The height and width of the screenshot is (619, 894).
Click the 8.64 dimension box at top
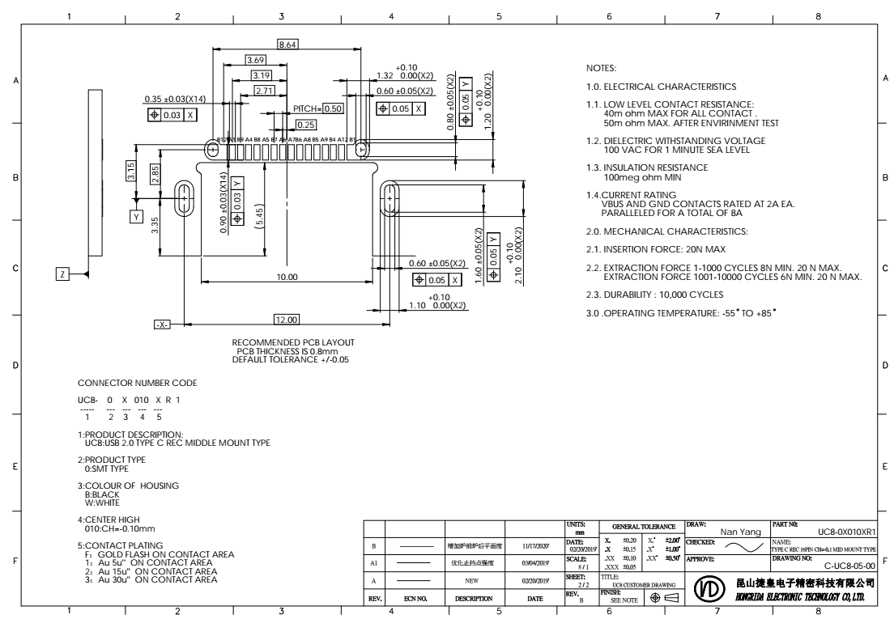pos(287,45)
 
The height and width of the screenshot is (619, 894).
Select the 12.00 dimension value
pos(287,319)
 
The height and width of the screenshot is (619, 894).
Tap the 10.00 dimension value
pos(287,277)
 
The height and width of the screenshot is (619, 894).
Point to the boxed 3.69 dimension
pos(255,60)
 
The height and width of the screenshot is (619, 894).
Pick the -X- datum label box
pos(161,324)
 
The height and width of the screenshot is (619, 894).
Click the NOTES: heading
pos(601,68)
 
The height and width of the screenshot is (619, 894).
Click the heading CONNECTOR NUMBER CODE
pos(136,382)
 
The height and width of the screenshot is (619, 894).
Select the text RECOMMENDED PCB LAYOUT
pos(293,342)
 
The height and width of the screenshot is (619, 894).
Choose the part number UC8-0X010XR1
pos(841,532)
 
